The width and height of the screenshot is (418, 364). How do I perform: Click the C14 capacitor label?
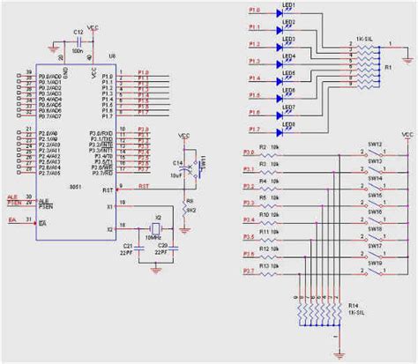(x=178, y=164)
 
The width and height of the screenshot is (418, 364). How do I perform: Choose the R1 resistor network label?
(x=388, y=67)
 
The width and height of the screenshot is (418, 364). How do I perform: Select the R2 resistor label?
(x=262, y=146)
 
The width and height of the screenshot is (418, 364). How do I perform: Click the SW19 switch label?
(x=374, y=263)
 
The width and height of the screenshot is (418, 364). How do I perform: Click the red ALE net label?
(x=13, y=198)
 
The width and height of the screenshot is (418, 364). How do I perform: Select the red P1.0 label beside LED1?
(x=254, y=12)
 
